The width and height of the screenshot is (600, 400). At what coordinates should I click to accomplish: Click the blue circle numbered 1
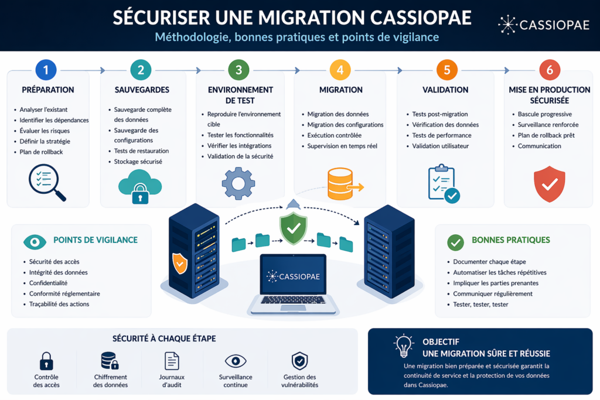(x=46, y=70)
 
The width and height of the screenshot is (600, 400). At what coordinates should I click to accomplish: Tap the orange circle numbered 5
(x=446, y=70)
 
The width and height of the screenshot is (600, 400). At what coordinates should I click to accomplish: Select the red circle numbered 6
(x=549, y=70)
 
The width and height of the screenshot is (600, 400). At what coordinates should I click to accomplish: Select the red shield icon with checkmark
(x=549, y=184)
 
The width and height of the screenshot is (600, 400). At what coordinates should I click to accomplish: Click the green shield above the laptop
(x=293, y=228)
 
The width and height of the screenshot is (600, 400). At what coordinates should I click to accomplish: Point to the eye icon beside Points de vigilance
(x=35, y=241)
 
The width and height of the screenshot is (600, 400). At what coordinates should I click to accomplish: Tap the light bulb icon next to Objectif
(x=404, y=346)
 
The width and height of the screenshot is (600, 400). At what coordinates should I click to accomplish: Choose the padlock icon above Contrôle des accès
(x=46, y=361)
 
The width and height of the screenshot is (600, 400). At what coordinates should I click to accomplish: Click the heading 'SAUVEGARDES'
(x=142, y=90)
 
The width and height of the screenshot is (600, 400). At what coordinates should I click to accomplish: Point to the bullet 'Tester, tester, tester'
(x=480, y=305)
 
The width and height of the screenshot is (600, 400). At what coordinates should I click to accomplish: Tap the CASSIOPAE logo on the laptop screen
(x=293, y=276)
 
